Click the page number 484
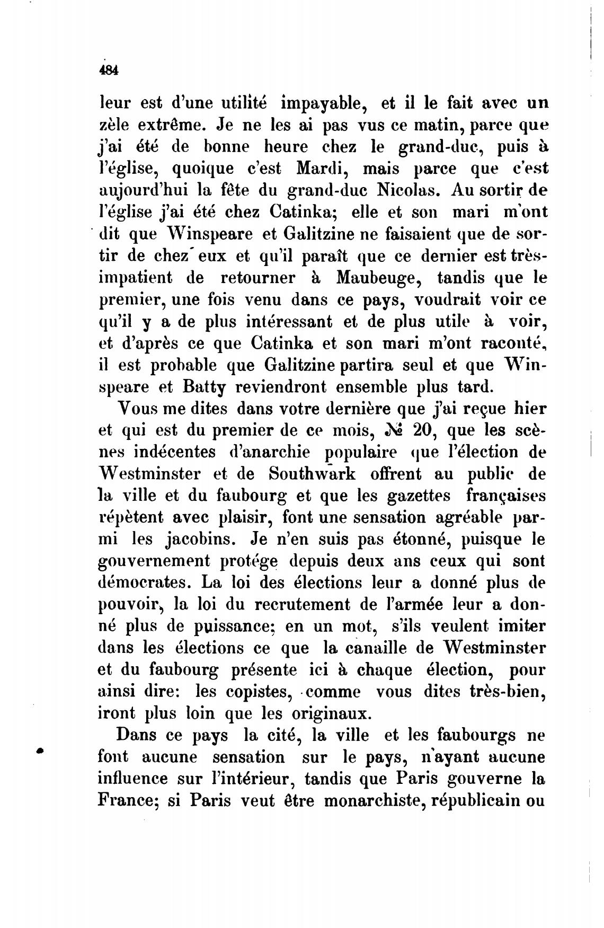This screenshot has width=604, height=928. (x=109, y=72)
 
